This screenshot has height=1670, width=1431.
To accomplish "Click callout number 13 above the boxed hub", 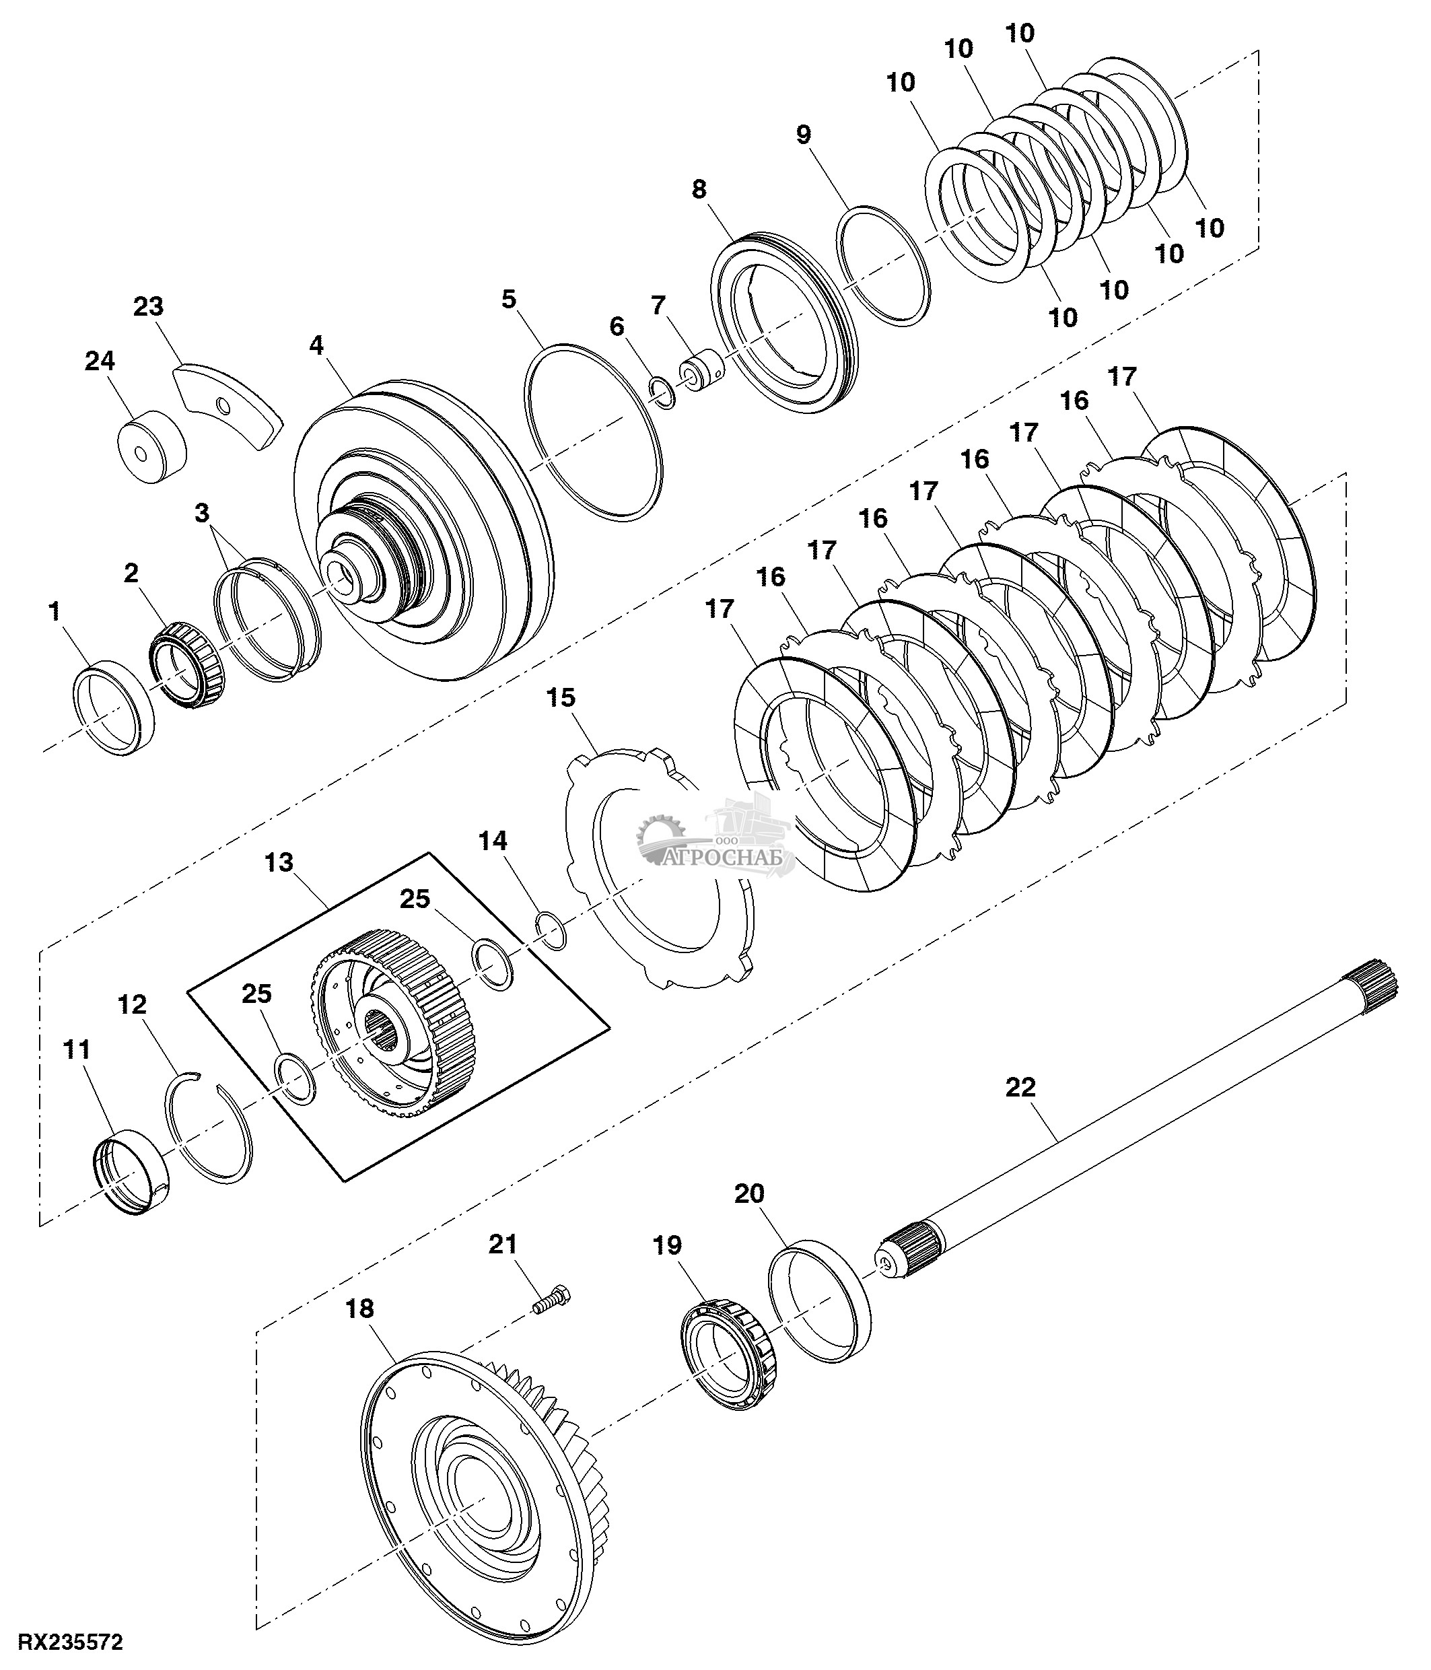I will coord(279,862).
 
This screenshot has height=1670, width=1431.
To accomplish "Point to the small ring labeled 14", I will coord(552,930).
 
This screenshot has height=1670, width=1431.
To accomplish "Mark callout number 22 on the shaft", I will coord(1020,1087).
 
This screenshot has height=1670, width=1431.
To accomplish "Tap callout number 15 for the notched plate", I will coord(561,697).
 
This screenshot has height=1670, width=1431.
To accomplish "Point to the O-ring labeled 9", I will coord(884,265).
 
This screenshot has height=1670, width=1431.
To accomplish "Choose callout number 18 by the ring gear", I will coord(360,1308).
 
